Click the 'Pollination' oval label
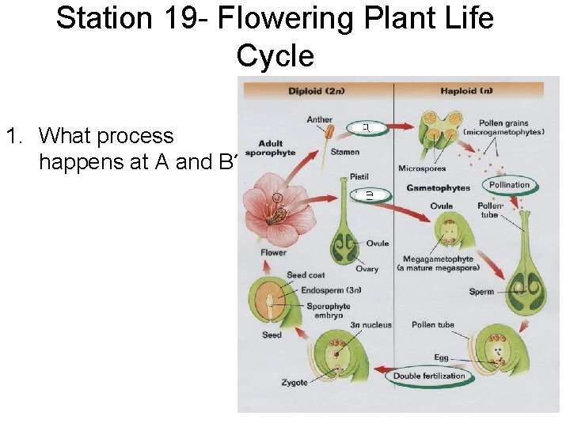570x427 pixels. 509,184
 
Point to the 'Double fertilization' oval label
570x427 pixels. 429,376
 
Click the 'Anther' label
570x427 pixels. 320,120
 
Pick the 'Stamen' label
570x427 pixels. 345,152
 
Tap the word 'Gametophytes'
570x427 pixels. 438,188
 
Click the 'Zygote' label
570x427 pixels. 294,383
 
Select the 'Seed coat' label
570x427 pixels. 306,275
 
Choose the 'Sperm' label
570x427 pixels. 481,292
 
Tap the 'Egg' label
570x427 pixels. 441,358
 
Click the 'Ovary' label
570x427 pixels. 367,269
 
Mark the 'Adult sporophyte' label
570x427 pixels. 271,148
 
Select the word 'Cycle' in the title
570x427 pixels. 275,56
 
